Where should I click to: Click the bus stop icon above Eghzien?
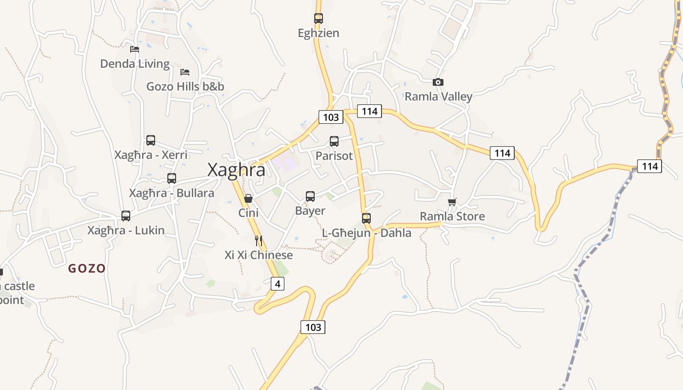point(319,19)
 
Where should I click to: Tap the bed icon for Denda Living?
point(135,49)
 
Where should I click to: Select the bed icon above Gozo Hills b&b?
point(185,72)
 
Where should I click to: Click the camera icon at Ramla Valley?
point(438,82)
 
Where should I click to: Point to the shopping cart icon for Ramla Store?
point(452,202)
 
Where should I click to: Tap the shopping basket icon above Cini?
point(248,198)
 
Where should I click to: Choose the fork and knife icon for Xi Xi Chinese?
point(259,240)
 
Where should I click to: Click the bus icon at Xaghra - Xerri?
point(151,140)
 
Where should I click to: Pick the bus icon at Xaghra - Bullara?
point(172,178)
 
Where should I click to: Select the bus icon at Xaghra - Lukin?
point(126,216)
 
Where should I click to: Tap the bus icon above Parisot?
point(334,141)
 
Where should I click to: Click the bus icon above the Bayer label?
point(310,196)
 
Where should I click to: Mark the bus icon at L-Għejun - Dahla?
point(366,218)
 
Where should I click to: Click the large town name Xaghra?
point(237,170)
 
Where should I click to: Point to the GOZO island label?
point(87,268)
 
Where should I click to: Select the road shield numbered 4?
point(277,283)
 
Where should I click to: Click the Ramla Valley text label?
point(439,97)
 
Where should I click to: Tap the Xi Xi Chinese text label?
point(259,255)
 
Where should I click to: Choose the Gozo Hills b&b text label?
point(185,87)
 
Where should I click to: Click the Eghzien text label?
point(319,33)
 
